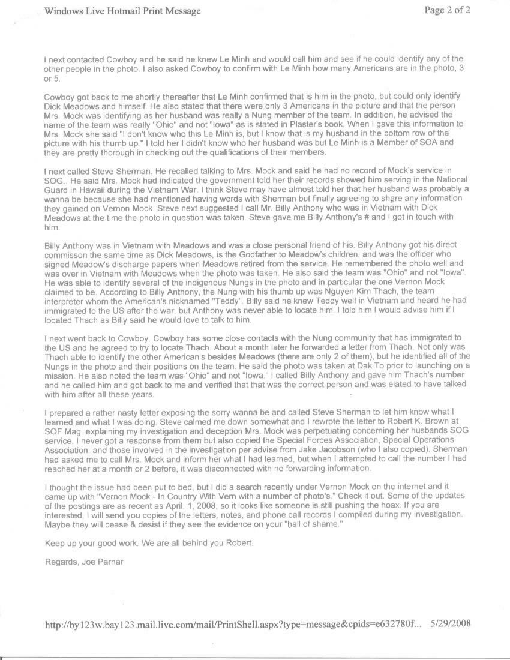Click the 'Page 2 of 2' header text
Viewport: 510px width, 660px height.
click(x=447, y=10)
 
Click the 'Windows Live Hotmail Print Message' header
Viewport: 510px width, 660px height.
click(x=123, y=11)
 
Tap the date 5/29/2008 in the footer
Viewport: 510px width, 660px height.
click(x=451, y=624)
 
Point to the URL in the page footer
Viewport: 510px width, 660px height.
click(x=233, y=625)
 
